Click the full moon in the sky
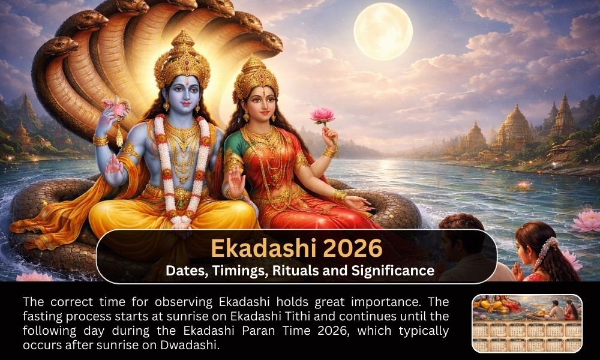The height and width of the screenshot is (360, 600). (x=383, y=31)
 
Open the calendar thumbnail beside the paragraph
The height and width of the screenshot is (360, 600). (x=527, y=323)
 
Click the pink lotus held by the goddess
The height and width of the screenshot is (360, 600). (x=322, y=115)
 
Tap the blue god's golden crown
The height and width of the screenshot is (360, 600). (x=182, y=57)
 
